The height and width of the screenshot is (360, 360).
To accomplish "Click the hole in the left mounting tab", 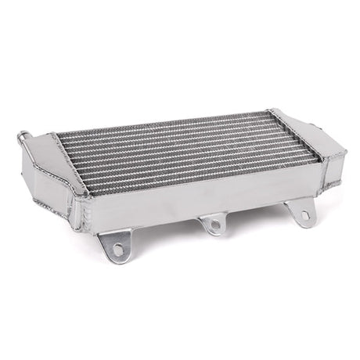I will pyautogui.click(x=118, y=249).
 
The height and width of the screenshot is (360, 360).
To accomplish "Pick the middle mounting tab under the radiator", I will pyautogui.click(x=211, y=221).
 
